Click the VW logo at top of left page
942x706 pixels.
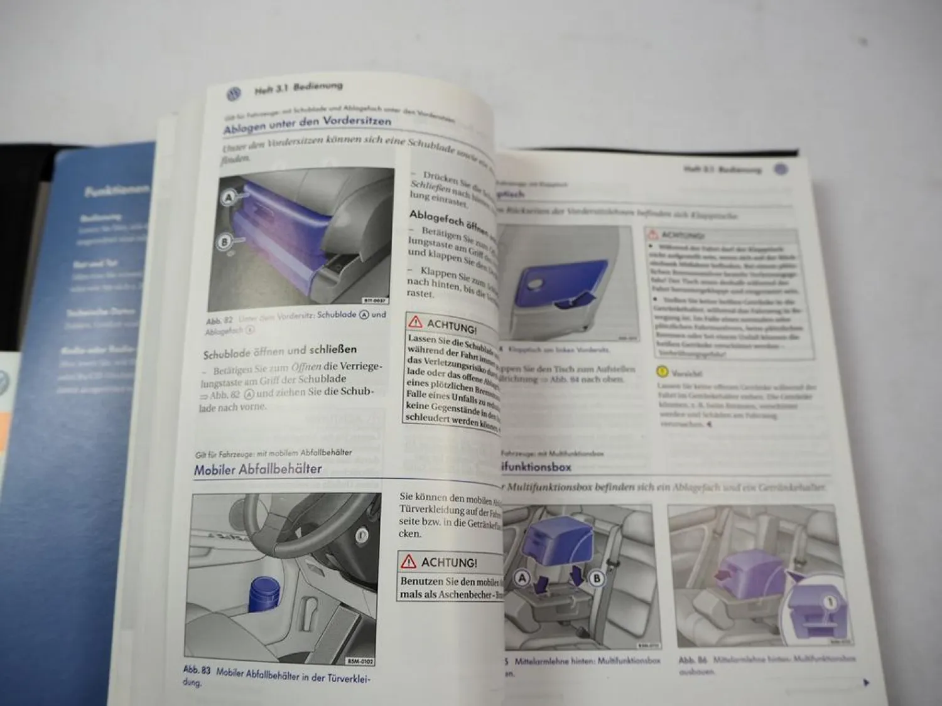[x=233, y=95]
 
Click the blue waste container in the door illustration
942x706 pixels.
[x=264, y=594]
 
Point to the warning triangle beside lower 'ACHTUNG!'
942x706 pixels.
[x=409, y=561]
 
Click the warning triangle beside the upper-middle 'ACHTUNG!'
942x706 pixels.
[x=416, y=322]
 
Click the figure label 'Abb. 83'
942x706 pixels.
[x=197, y=670]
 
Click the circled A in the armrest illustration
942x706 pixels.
[x=522, y=578]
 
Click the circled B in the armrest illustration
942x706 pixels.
[x=597, y=578]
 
